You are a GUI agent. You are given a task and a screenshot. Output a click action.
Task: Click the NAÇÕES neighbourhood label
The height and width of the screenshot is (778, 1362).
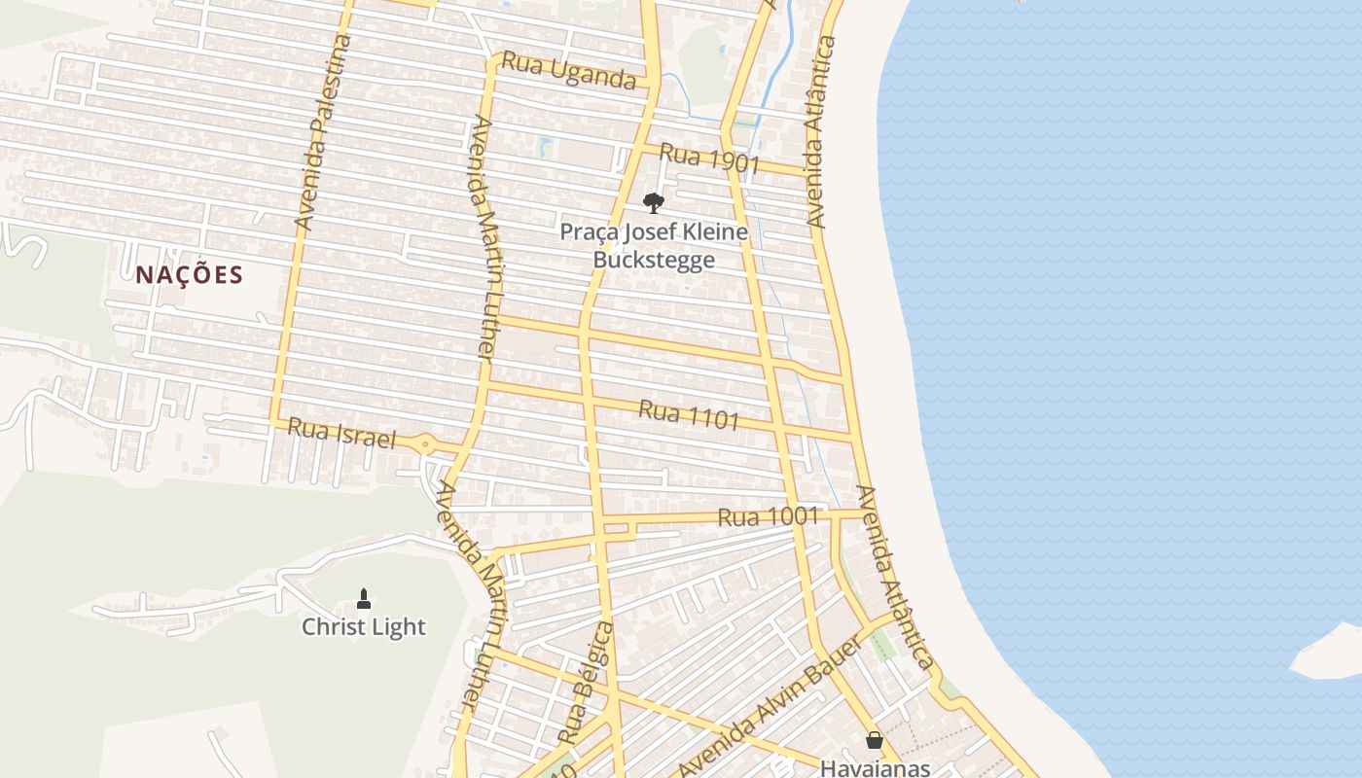189,275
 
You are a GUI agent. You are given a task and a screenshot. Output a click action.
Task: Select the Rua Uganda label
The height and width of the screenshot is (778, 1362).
568,72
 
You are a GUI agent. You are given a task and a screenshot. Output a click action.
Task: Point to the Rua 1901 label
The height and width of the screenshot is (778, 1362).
708,159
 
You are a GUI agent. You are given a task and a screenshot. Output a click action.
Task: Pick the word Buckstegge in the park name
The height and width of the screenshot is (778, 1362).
654,260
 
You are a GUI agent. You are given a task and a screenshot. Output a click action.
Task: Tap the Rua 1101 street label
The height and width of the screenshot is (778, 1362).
689,415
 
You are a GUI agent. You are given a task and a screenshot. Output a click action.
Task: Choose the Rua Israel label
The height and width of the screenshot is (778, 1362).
342,434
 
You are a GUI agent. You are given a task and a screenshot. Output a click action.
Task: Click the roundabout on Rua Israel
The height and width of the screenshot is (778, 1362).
425,445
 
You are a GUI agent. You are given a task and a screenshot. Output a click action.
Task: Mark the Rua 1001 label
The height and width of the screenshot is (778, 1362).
768,516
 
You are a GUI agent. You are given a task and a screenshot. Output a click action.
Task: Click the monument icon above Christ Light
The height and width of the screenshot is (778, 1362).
364,598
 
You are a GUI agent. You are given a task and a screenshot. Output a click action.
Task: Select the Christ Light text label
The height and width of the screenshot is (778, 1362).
364,627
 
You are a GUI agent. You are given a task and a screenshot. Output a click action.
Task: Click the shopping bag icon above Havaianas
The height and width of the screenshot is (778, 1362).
875,740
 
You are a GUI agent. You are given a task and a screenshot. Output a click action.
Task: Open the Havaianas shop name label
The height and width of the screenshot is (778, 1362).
875,767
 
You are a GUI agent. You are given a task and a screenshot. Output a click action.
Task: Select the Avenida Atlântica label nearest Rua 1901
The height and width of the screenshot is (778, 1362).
821,132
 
